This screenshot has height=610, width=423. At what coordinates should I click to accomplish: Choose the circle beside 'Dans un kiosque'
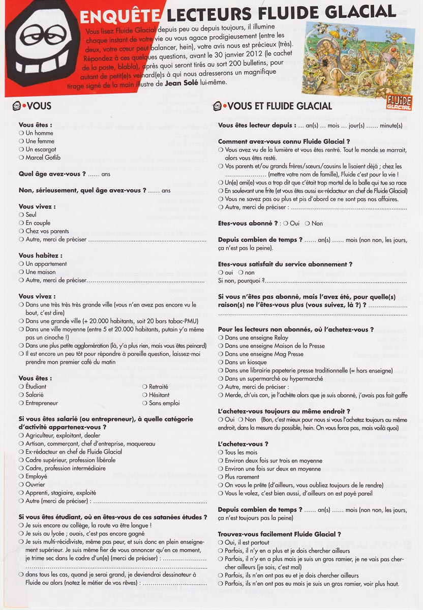pos(221,362)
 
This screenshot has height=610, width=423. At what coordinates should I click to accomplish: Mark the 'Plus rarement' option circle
pos(221,477)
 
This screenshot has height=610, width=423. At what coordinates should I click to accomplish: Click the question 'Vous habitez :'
pos(41,256)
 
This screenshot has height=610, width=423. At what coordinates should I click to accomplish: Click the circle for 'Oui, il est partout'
pos(221,542)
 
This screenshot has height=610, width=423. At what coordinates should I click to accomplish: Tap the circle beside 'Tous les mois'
pos(221,452)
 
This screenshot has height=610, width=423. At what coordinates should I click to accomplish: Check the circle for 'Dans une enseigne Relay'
pos(221,338)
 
